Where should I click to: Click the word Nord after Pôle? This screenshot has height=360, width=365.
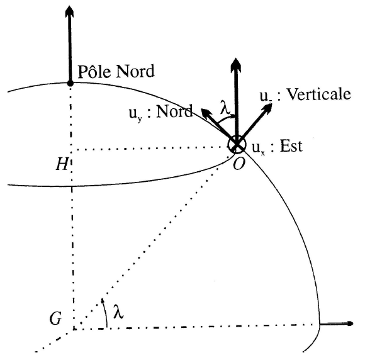point(135,71)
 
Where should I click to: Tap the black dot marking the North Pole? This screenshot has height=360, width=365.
point(70,83)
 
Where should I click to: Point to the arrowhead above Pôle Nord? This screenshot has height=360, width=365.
point(69,11)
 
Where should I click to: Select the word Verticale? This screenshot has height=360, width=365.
point(318,94)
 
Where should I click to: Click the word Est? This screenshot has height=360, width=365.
point(291,146)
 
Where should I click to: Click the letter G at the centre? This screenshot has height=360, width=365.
point(56,318)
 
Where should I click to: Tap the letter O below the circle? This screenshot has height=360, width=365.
point(239,164)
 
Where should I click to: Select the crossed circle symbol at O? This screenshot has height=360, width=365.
point(237,145)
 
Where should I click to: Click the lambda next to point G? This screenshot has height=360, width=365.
point(118,311)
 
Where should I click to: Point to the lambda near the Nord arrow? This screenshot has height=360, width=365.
point(225,108)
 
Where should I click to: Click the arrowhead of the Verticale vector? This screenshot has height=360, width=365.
point(267,108)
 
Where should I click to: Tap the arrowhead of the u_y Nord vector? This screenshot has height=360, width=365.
point(206,114)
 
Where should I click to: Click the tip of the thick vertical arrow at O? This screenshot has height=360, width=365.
point(236,58)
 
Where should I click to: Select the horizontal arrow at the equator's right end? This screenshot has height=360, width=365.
point(337,323)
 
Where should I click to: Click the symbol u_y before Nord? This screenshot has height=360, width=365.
point(135,115)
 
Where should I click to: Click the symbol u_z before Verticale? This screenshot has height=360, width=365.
point(266,96)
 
